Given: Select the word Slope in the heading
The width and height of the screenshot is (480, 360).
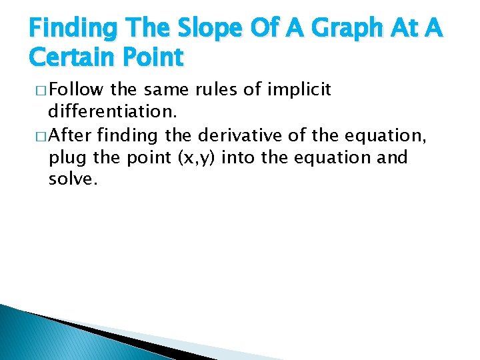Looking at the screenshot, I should point(203,29).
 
